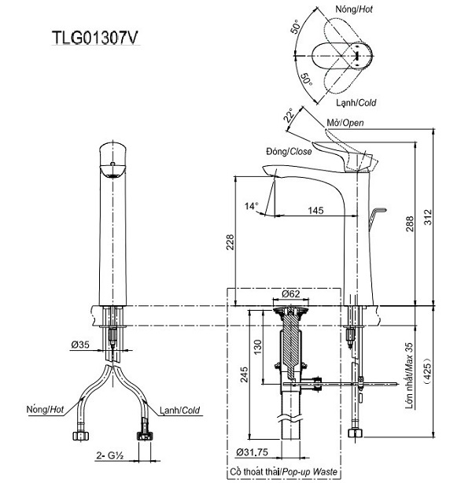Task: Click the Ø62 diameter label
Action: pyautogui.click(x=293, y=295)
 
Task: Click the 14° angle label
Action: pyautogui.click(x=251, y=206)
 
